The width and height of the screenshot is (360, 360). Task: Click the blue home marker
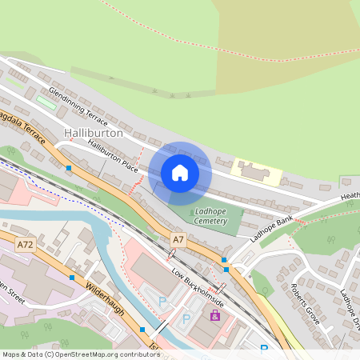coord(180,172)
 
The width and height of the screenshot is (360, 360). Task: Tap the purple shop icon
coord(214,316)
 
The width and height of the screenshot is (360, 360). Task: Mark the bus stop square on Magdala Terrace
coord(70,169)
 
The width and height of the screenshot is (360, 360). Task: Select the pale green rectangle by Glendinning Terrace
coord(46,102)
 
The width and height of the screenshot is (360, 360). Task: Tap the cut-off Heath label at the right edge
coord(350,196)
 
